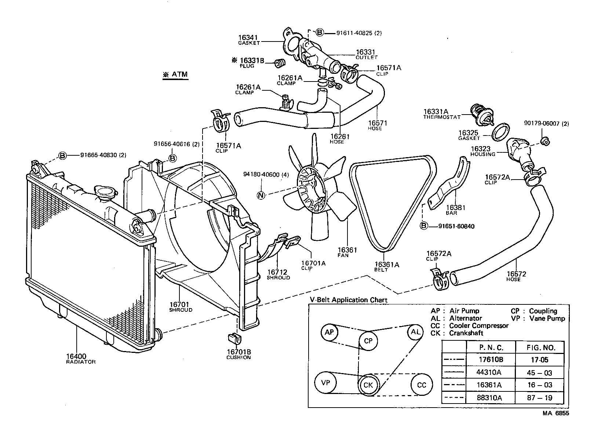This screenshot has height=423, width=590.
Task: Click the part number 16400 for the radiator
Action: (76, 356)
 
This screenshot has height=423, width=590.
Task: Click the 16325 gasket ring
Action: (500, 131)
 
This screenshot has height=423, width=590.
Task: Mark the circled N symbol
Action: (261, 195)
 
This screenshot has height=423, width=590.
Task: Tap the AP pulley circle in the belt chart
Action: (329, 332)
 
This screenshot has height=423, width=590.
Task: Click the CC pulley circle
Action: (422, 385)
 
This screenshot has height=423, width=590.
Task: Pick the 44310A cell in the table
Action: (491, 373)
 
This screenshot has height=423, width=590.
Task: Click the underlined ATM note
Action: (176, 75)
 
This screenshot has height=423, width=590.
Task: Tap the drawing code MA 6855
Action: (556, 413)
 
